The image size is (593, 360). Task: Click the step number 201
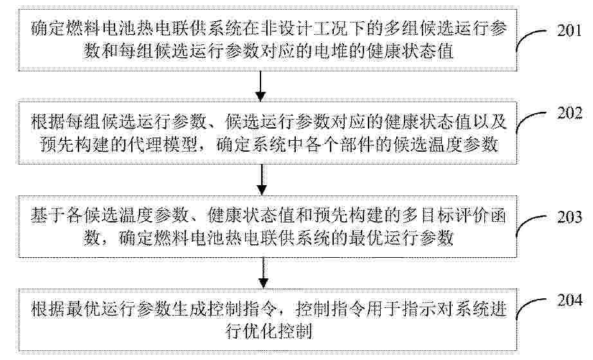(569, 30)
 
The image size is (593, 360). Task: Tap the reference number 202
(570, 113)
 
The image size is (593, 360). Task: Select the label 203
(570, 217)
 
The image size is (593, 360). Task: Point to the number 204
(570, 300)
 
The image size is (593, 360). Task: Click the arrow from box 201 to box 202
(261, 86)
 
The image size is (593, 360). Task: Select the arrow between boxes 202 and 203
(262, 179)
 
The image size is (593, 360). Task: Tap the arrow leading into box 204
(263, 273)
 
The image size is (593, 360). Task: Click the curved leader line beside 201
(531, 40)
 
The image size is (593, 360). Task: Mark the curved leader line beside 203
(531, 227)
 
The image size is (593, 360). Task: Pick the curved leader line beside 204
(531, 310)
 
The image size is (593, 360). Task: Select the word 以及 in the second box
(491, 122)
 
